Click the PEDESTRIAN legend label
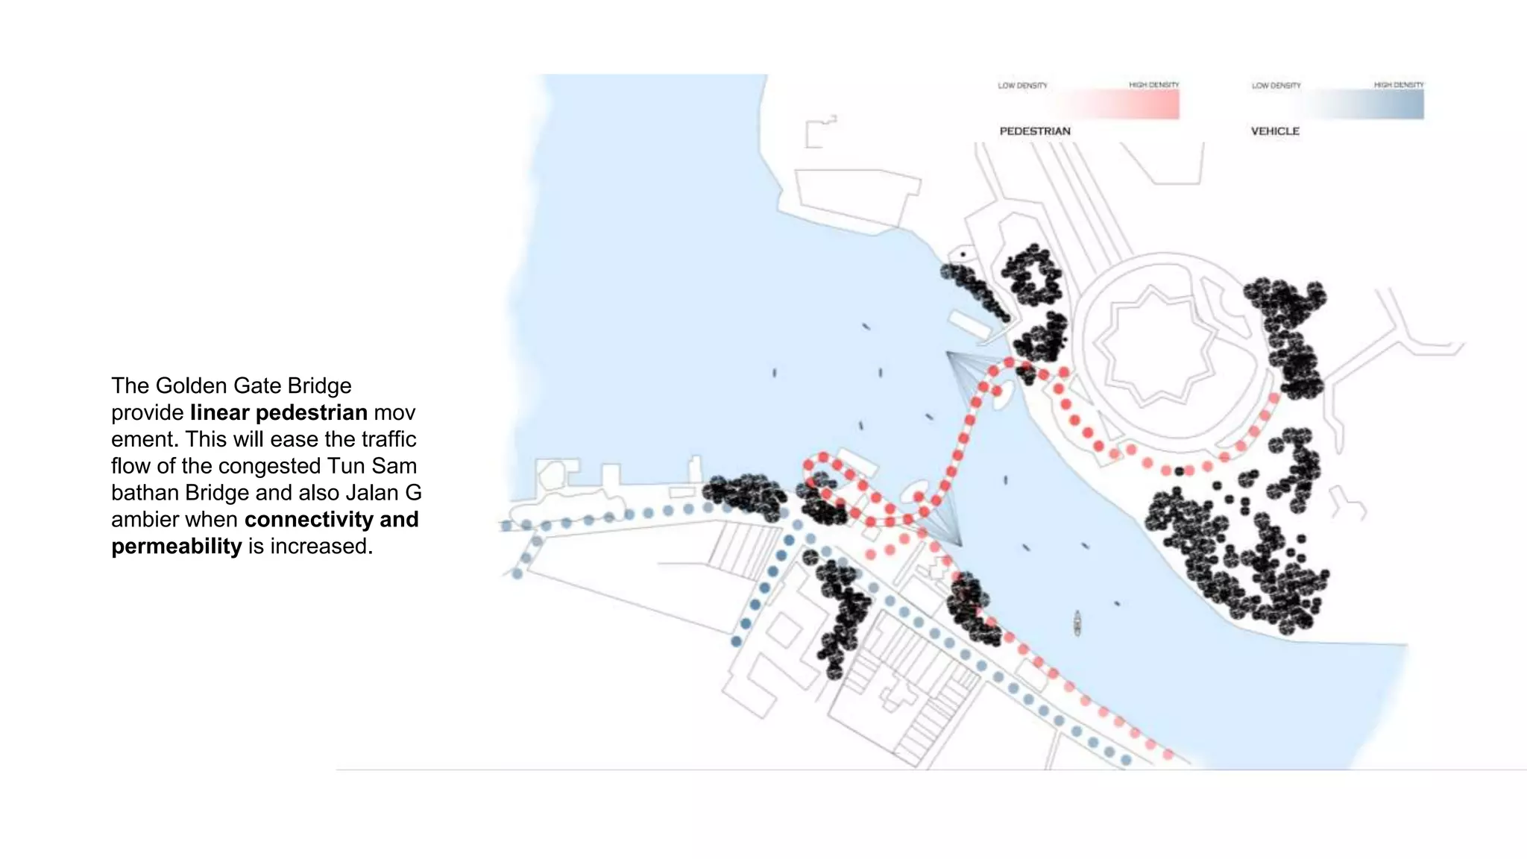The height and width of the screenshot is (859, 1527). coord(1034,131)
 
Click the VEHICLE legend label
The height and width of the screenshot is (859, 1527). coord(1275,131)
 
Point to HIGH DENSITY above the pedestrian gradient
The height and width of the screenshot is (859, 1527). coord(1153,85)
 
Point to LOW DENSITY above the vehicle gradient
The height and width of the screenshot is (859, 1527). coord(1276,86)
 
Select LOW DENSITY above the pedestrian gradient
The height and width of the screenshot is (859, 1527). coord(1022,86)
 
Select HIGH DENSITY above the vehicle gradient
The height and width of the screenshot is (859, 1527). coord(1399,85)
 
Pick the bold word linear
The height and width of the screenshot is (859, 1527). coord(220,412)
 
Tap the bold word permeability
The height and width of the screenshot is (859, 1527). coord(177,547)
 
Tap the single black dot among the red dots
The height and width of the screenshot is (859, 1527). coord(1180,471)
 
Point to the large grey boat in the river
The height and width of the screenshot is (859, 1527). coord(1077,623)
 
